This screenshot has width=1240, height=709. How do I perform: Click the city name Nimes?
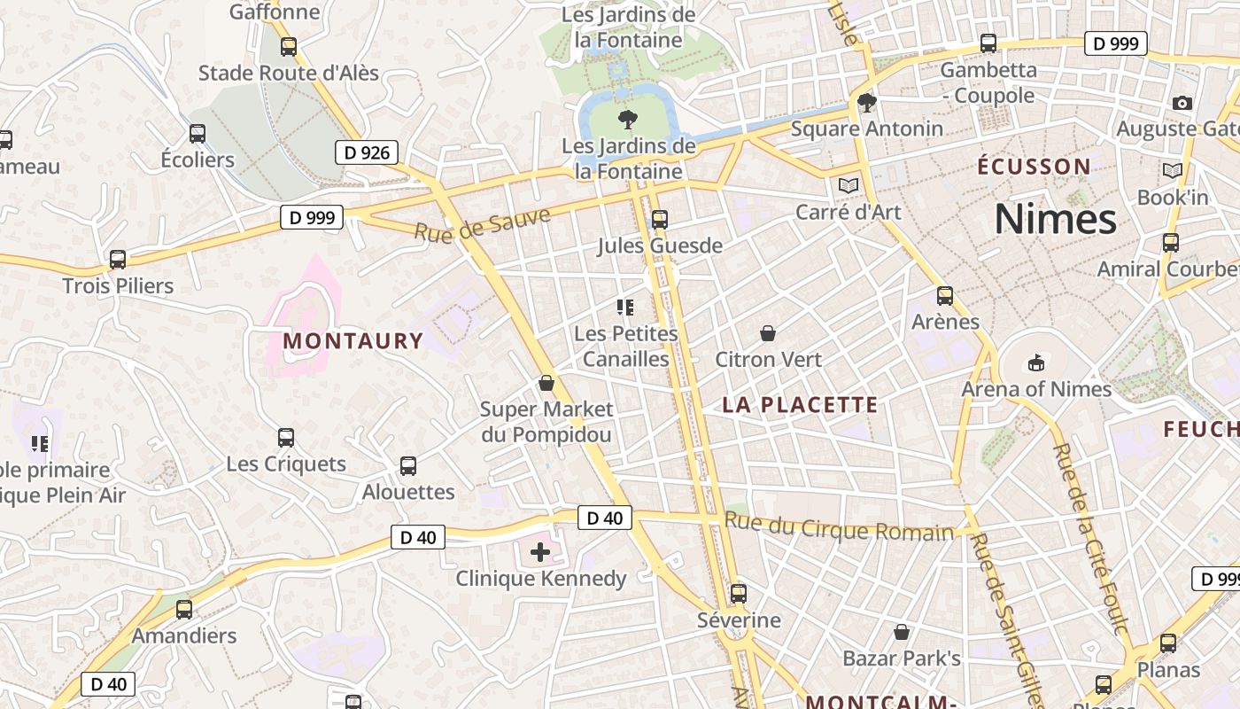click(1055, 219)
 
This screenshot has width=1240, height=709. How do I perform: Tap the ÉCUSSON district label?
click(1034, 166)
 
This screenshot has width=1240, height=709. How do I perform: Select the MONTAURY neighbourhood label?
click(353, 340)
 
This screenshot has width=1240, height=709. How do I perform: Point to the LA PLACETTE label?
click(800, 405)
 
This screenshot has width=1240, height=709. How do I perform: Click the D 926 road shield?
click(367, 152)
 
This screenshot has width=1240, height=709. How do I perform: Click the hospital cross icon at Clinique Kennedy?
click(540, 553)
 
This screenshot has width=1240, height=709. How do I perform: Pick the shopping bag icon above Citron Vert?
click(768, 333)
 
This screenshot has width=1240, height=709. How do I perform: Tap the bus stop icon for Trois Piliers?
click(118, 260)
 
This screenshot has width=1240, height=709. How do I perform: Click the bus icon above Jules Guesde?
click(659, 220)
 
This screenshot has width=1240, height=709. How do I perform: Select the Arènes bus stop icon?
click(945, 296)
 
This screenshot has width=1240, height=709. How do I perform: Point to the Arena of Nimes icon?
click(1036, 362)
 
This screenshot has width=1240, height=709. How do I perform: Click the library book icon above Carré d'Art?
click(848, 186)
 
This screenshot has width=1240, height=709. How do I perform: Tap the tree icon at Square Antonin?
click(867, 104)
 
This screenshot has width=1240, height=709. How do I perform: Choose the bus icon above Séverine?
click(739, 594)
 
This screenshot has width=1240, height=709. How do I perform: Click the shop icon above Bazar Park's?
click(902, 633)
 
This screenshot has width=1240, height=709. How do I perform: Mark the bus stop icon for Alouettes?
click(408, 466)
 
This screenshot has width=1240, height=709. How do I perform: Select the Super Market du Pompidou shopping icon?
click(546, 383)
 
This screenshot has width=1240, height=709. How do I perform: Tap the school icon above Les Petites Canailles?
click(625, 308)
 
